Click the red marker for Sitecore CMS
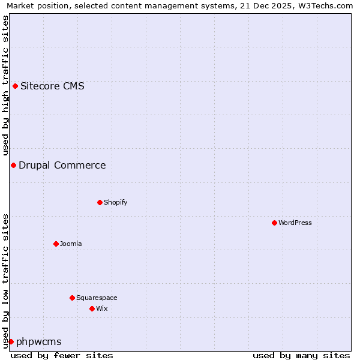15,86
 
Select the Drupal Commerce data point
13,165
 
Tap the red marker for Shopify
100,202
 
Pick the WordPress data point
274,223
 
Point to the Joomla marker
56,244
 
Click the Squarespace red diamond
72,298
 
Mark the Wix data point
92,308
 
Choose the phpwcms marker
11,341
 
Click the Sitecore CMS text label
52,86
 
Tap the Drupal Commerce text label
62,165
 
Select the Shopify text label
115,202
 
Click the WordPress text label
295,223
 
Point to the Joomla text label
71,244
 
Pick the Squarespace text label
97,298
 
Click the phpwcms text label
38,341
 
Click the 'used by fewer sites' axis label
62,355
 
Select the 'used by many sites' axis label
301,355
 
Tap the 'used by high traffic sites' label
5,85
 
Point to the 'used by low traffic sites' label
5,280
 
